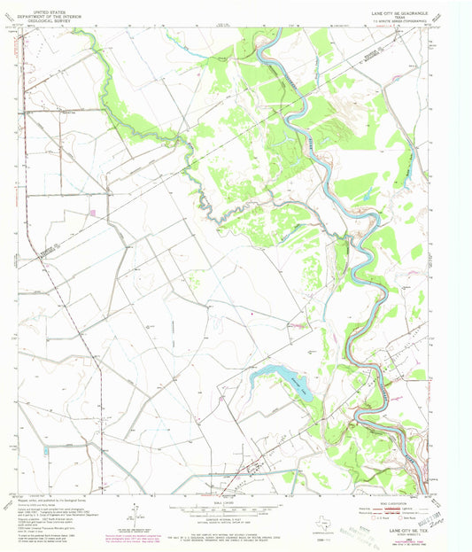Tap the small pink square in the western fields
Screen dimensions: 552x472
point(92,212)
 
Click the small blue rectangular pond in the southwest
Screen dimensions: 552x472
point(45,451)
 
